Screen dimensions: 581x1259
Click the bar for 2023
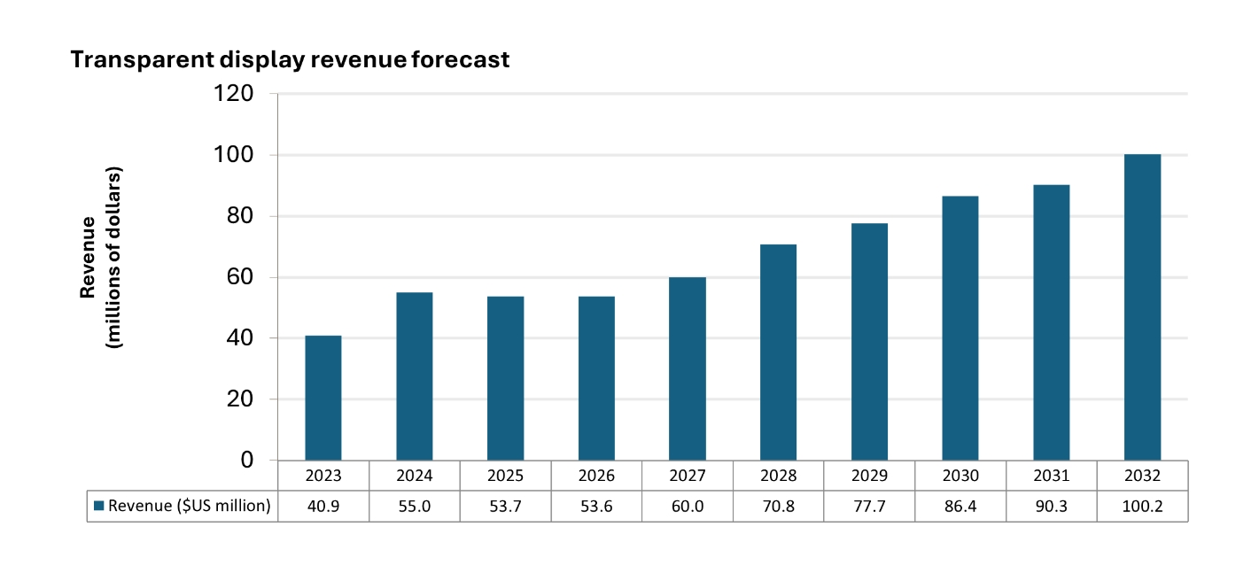(323, 398)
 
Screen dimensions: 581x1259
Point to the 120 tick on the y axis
(234, 94)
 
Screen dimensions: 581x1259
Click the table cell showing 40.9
(323, 507)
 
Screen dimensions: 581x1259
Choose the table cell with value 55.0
(415, 507)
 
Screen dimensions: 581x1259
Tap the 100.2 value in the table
(1142, 507)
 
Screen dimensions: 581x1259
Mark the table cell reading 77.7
(869, 507)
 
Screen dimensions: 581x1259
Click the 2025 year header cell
(505, 476)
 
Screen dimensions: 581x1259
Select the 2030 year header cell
(960, 476)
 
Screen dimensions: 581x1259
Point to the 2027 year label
(688, 476)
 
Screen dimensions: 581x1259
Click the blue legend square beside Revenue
(99, 507)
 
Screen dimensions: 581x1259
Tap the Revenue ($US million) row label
(189, 507)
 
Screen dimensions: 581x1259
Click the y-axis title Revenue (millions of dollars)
(101, 257)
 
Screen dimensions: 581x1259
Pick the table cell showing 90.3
(1051, 507)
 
